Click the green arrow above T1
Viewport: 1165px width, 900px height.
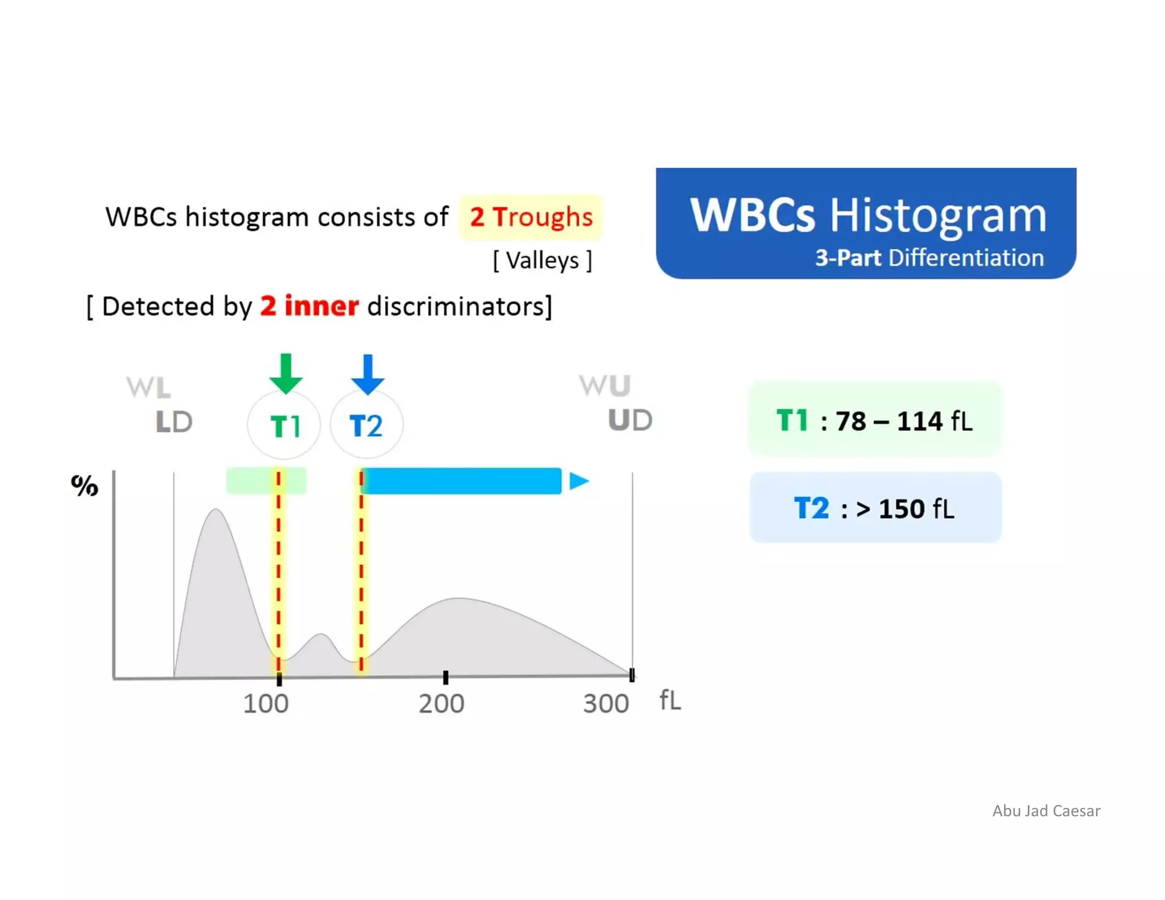[286, 374]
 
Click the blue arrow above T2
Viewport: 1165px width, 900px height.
[367, 374]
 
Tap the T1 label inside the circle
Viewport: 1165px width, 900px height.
[284, 426]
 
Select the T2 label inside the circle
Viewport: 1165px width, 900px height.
[366, 426]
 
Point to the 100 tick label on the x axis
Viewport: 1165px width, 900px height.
[266, 704]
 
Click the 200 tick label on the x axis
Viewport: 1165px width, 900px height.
[441, 704]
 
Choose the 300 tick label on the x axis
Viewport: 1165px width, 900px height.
[606, 704]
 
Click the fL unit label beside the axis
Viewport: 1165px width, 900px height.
[670, 700]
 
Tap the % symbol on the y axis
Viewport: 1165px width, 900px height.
[84, 485]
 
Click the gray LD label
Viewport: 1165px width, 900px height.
[174, 422]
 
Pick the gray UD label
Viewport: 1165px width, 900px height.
[630, 420]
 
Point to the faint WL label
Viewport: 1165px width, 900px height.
[148, 388]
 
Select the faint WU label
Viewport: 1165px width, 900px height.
[605, 386]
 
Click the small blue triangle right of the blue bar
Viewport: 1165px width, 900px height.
[579, 481]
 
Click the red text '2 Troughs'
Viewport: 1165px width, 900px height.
[531, 217]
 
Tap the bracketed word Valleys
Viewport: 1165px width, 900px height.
[543, 261]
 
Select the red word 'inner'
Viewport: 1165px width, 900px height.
[321, 306]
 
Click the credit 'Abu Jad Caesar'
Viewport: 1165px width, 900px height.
[1046, 811]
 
